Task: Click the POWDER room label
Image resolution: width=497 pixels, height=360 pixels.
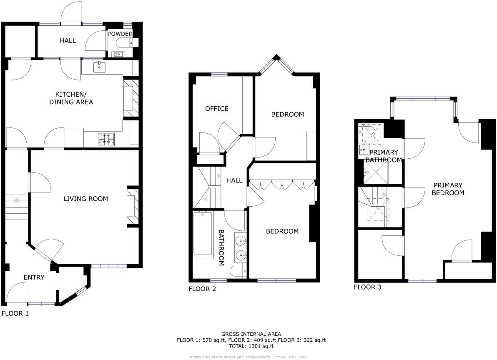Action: pyautogui.click(x=120, y=34)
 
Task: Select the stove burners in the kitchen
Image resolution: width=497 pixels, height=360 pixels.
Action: pyautogui.click(x=106, y=139)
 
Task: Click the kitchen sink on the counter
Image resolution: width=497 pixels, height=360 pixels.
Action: pyautogui.click(x=100, y=66)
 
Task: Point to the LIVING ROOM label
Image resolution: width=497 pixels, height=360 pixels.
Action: pyautogui.click(x=85, y=199)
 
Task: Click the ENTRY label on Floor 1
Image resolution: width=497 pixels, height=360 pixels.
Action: pyautogui.click(x=34, y=277)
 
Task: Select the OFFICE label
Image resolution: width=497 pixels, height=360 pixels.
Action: pyautogui.click(x=217, y=109)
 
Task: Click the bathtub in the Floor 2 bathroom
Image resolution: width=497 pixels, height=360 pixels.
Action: pyautogui.click(x=203, y=234)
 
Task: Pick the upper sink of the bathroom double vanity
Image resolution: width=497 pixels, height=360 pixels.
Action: pyautogui.click(x=241, y=240)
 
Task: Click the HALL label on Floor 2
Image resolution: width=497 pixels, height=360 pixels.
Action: pyautogui.click(x=234, y=180)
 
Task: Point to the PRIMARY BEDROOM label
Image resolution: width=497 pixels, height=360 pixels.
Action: pyautogui.click(x=448, y=189)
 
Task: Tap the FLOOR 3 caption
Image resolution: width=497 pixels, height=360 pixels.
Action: pyautogui.click(x=367, y=287)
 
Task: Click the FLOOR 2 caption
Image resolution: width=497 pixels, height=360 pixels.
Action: pyautogui.click(x=202, y=289)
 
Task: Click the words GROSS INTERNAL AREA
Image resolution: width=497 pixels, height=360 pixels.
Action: pyautogui.click(x=251, y=334)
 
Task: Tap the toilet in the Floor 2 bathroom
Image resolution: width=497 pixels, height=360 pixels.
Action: pyautogui.click(x=236, y=272)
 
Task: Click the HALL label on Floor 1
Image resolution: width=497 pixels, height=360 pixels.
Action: pyautogui.click(x=68, y=40)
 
